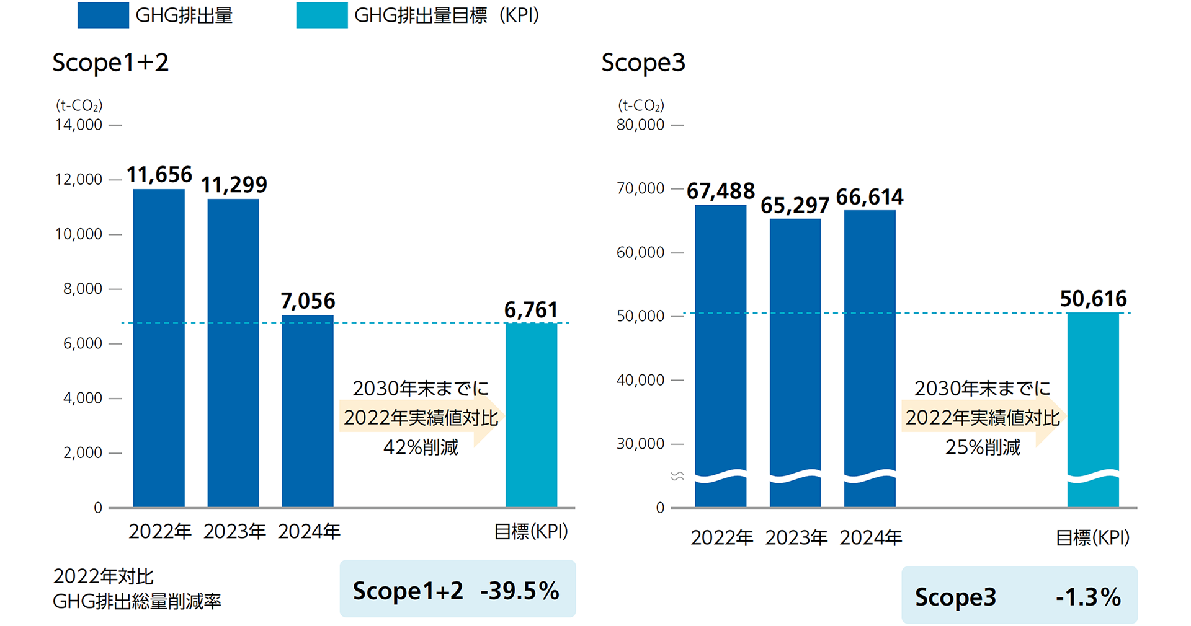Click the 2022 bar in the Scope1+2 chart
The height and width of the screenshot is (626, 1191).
click(x=159, y=347)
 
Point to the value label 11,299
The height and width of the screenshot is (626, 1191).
click(x=234, y=185)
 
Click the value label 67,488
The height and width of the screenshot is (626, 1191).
click(x=721, y=191)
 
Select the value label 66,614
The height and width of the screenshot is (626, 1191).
click(x=870, y=197)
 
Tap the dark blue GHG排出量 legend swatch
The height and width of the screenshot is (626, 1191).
click(x=103, y=15)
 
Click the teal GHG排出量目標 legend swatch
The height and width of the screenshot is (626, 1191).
click(x=321, y=15)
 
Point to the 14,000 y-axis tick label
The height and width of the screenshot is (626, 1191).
click(x=79, y=125)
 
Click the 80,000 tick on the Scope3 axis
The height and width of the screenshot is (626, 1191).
click(x=640, y=125)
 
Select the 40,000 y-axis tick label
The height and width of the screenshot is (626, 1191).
click(x=640, y=380)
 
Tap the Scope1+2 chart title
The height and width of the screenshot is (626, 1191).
click(x=110, y=63)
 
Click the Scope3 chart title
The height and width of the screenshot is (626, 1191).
click(x=643, y=63)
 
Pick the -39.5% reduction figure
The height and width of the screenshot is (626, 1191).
click(x=520, y=591)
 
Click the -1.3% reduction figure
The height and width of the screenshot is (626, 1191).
click(x=1088, y=597)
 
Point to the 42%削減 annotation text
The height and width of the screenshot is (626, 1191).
click(x=421, y=447)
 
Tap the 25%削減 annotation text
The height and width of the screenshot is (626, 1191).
click(x=983, y=447)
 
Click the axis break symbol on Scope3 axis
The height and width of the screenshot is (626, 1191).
click(x=677, y=476)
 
